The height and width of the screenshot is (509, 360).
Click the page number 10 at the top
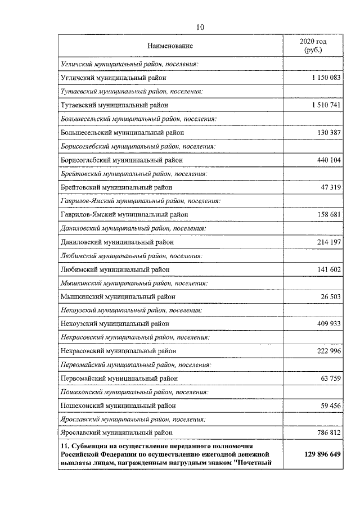pyautogui.click(x=201, y=27)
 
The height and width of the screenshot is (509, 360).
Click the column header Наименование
pyautogui.click(x=170, y=46)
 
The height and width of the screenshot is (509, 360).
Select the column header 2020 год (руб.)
pyautogui.click(x=312, y=46)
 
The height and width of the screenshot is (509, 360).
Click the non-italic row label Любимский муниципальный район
pyautogui.click(x=114, y=269)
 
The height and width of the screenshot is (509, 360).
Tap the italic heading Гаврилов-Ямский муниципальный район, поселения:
pyautogui.click(x=140, y=201)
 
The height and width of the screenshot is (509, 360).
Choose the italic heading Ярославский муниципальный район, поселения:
pyautogui.click(x=133, y=419)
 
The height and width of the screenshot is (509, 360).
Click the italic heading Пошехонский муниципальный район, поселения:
pyautogui.click(x=133, y=391)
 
